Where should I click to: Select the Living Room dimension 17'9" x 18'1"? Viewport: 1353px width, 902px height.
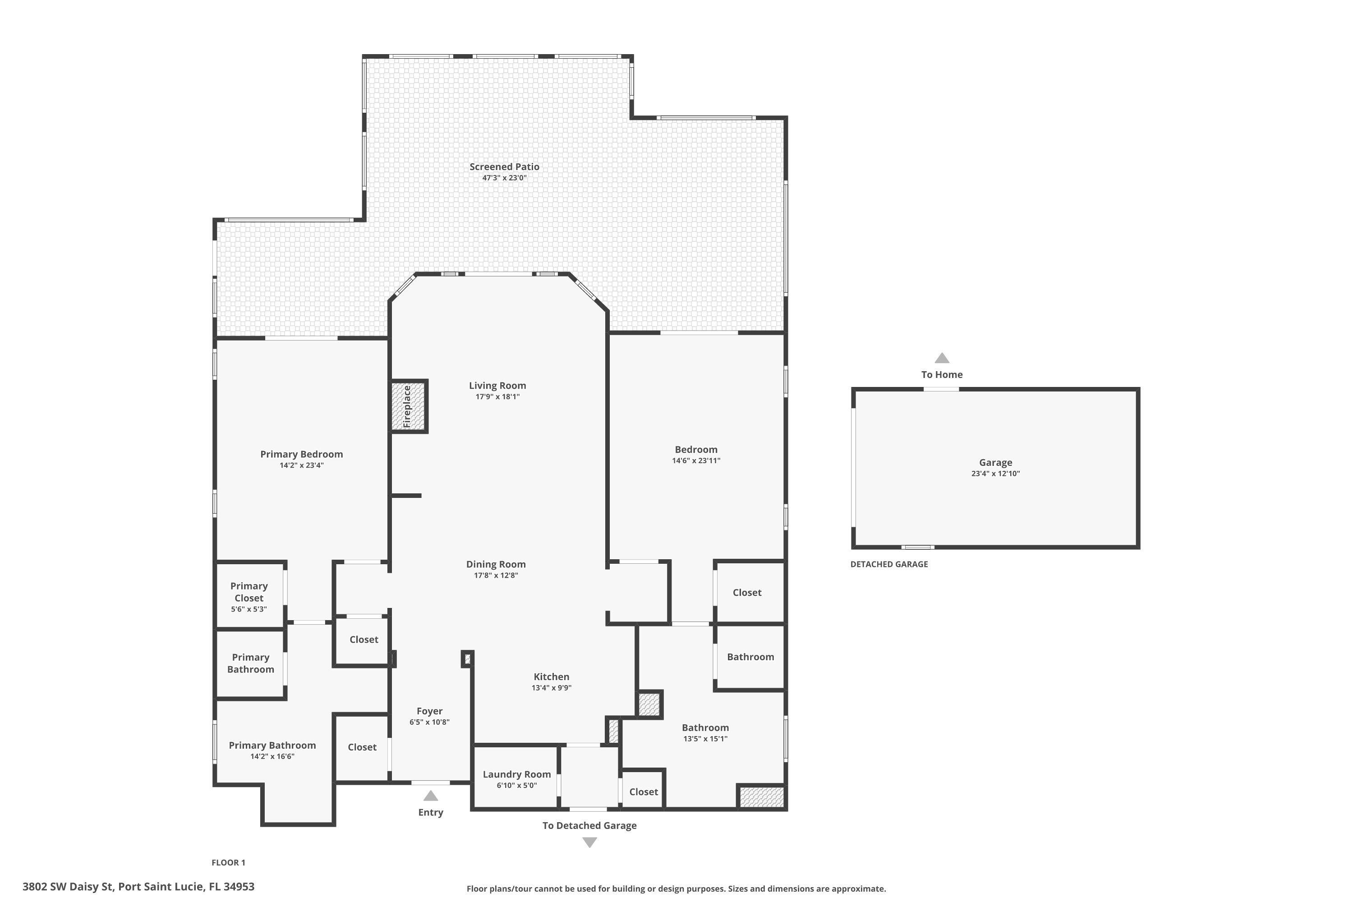[x=497, y=396]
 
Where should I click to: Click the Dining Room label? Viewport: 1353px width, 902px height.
[x=496, y=564]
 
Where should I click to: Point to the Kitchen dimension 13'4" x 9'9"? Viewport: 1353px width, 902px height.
[x=551, y=687]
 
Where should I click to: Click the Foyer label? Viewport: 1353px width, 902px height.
[x=430, y=711]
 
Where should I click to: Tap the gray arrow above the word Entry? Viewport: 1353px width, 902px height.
[x=430, y=796]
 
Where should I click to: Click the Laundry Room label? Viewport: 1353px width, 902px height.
[x=516, y=774]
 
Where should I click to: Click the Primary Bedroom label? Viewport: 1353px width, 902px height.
[x=301, y=454]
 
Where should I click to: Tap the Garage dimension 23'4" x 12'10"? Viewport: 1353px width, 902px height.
[x=995, y=474]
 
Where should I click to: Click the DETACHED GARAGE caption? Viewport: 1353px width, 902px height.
[x=889, y=564]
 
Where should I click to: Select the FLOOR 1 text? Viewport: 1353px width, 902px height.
[x=228, y=862]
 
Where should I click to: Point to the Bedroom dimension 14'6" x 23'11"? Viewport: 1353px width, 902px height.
[x=696, y=460]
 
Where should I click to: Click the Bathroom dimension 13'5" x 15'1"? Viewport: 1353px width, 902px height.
[x=705, y=739]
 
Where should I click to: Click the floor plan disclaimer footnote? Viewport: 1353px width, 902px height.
[x=676, y=889]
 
